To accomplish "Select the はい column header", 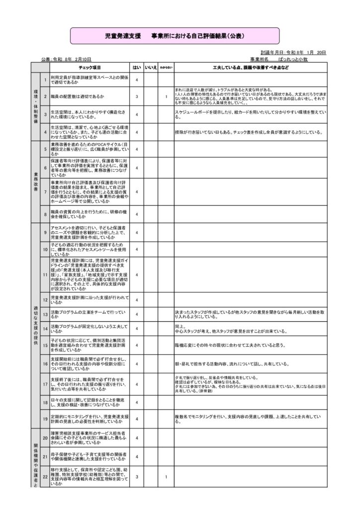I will point(136,67).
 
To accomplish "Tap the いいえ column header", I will point(151,67).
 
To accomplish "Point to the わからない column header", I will point(166,67).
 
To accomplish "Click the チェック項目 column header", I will point(90,67).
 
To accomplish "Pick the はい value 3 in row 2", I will point(136,96).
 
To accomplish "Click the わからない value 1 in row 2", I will point(166,96).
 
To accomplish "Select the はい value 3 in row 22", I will point(136,477).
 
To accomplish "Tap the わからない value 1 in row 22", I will point(166,477).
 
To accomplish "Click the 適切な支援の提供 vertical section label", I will point(35,326).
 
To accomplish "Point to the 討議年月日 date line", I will point(293,52).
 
